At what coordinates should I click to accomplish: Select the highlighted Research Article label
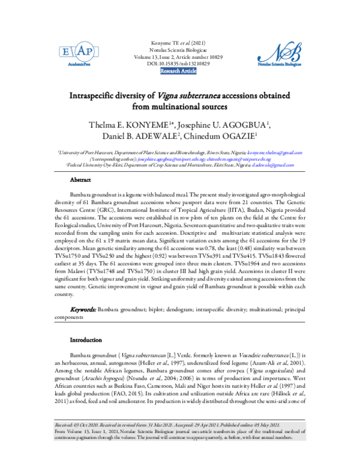178,71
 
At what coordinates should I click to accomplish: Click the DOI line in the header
178,63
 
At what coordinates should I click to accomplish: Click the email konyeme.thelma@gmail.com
274,154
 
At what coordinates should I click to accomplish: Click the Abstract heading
80,180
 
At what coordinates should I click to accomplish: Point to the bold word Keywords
83,309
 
